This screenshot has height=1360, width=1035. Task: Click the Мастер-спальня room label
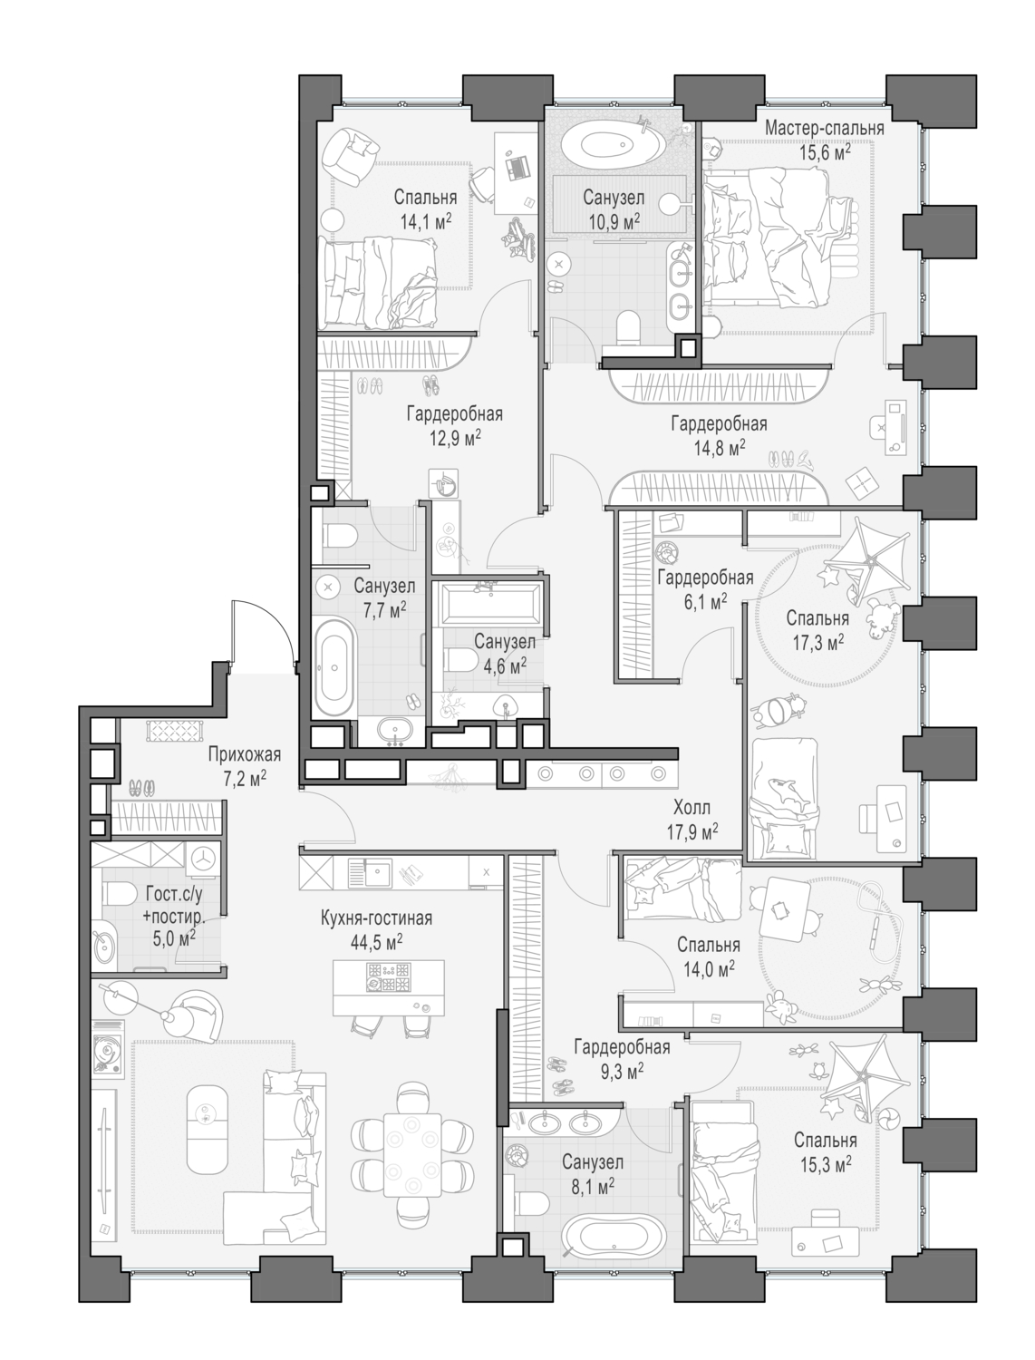[x=823, y=128]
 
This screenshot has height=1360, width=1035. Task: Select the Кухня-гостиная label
[x=376, y=918]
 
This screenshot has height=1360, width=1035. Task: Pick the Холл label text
[x=692, y=807]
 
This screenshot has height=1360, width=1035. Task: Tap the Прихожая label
[x=244, y=754]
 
